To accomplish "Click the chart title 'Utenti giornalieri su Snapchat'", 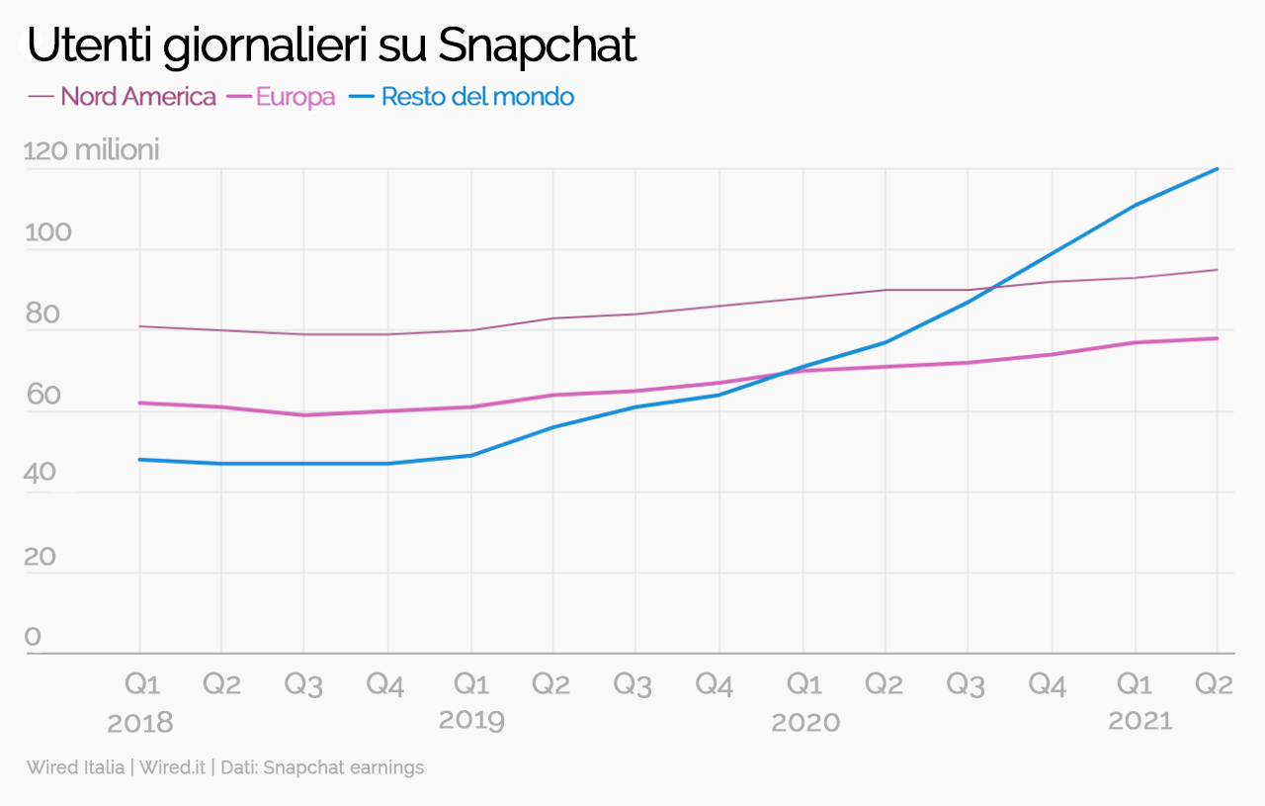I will (x=331, y=45).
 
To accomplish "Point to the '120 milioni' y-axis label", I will (x=91, y=151).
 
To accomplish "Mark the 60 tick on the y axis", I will (x=42, y=396).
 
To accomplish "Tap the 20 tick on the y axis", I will (x=42, y=557).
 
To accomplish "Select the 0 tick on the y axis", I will (x=34, y=638).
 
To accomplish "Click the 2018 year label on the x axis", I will (x=139, y=723).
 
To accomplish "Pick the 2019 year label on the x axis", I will (x=471, y=720).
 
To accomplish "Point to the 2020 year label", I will (x=804, y=723).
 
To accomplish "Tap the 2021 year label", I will (x=1139, y=721).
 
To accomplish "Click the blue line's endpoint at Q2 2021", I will (x=1217, y=169).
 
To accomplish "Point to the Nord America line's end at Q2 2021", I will (x=1217, y=270).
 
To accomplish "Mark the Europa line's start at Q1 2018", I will (x=139, y=403).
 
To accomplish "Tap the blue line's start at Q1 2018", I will (x=139, y=460).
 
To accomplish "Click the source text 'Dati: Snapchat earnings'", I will (x=322, y=767).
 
